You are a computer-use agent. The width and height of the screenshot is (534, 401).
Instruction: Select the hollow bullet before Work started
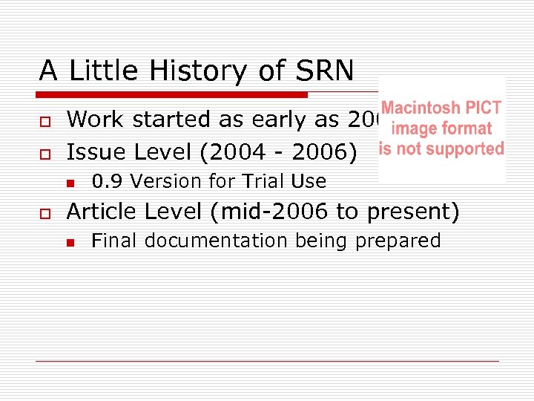(44, 121)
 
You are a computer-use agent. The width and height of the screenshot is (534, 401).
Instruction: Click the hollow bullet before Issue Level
(44, 154)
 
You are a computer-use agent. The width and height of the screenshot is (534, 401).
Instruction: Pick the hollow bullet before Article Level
(44, 213)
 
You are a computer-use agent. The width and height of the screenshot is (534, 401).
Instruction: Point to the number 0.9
(104, 181)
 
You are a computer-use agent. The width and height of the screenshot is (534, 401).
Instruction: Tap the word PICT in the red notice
(481, 108)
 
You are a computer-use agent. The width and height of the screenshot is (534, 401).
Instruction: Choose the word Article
(103, 212)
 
